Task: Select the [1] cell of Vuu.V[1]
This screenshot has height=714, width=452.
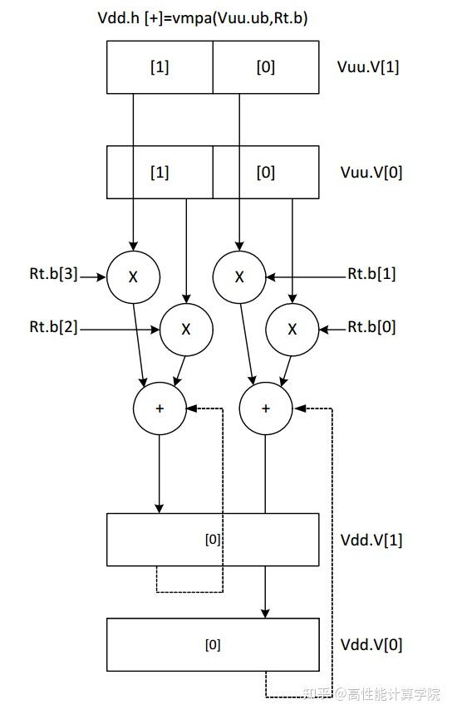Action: coord(160,67)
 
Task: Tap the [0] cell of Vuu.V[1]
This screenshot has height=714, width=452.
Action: coord(265,67)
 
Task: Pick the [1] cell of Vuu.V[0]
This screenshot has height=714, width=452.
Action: coord(160,173)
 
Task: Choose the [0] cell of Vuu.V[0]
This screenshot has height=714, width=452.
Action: coord(265,173)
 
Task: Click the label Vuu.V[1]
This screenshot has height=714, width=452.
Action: coord(370,67)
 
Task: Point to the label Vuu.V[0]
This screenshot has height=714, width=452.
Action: coord(370,173)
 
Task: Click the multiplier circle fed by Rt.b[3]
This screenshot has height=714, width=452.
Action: coord(133,276)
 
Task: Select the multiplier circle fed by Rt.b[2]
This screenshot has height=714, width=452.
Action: coord(186,330)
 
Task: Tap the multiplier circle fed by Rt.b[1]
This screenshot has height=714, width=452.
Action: coord(239,276)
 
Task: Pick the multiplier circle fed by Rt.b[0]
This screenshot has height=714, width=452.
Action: coord(292,330)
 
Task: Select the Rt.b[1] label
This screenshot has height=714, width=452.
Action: coord(371,273)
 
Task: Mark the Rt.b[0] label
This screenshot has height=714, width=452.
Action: coord(371,326)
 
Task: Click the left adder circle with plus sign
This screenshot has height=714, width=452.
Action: coord(160,408)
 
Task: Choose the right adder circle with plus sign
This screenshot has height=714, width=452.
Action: coord(266,408)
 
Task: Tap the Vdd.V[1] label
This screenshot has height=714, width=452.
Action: coord(370,539)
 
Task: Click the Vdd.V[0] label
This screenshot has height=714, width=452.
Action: coord(370,644)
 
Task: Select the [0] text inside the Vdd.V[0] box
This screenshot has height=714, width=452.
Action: coord(213,645)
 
